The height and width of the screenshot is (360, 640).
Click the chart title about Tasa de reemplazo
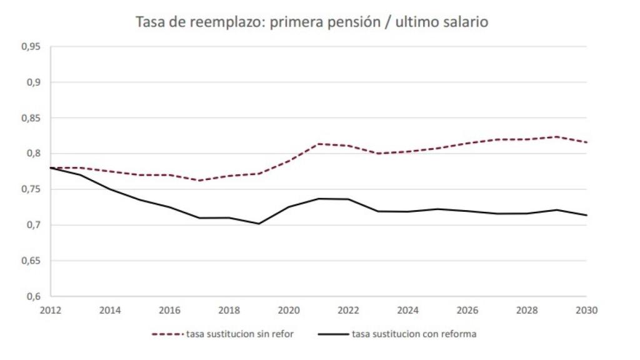click(312, 22)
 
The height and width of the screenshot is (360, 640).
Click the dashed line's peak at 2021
click(318, 144)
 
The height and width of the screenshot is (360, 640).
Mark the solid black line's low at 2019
click(259, 224)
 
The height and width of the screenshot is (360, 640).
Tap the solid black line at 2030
click(586, 215)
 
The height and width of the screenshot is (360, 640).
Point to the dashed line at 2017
click(199, 181)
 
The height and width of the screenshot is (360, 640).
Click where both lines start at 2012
click(51, 167)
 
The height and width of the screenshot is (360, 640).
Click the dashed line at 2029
click(556, 137)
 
